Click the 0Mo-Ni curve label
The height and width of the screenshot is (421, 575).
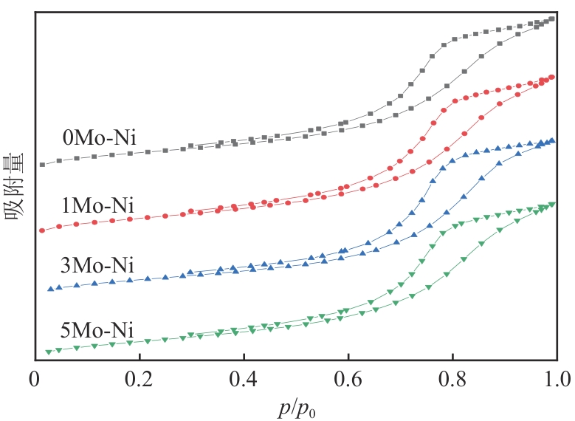point(100,138)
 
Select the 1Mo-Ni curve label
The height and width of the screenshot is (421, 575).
point(100,205)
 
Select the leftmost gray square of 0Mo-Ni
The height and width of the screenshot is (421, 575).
point(42,164)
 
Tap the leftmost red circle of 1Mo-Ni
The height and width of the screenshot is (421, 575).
point(42,230)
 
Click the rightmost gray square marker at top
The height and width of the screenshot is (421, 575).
point(552,19)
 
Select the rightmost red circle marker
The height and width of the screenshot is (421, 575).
point(552,77)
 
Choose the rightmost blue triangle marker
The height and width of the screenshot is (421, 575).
point(552,140)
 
